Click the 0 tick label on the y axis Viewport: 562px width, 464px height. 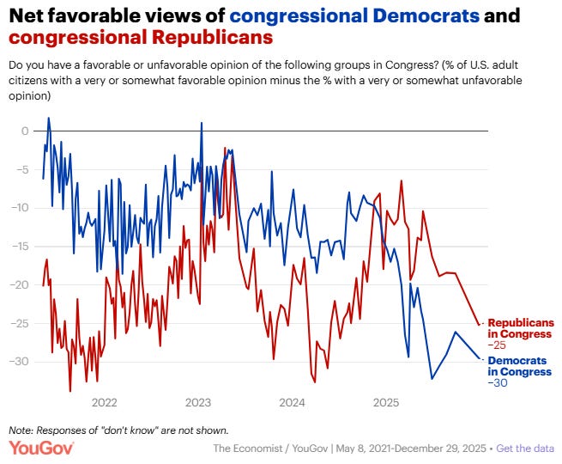click(x=26, y=131)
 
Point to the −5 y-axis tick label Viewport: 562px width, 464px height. click(x=22, y=169)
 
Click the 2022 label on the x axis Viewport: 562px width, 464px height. click(x=104, y=402)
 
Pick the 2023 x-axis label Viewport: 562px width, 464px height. click(x=198, y=402)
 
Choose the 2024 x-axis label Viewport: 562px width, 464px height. click(x=292, y=402)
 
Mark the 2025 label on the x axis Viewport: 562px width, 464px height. click(x=386, y=402)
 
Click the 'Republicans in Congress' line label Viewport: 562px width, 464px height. click(x=520, y=327)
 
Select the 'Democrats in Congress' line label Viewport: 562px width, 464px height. click(x=520, y=366)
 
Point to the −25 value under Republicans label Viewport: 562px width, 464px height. click(x=497, y=344)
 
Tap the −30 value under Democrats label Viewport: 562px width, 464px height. click(x=497, y=382)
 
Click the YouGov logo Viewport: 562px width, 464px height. click(x=41, y=448)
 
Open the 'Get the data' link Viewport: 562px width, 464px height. click(x=525, y=449)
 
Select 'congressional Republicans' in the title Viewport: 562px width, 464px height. click(x=141, y=38)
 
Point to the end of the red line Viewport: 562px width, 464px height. click(x=480, y=325)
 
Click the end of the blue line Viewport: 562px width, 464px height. click(x=480, y=358)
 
